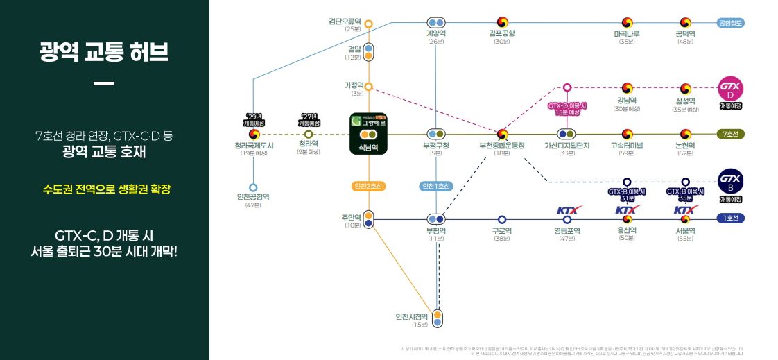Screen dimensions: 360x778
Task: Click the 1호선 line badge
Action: (x=730, y=218)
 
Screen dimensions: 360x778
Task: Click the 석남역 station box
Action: (x=368, y=133)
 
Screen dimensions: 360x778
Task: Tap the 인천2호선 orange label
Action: (x=368, y=186)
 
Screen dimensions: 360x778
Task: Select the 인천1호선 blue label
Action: (x=436, y=186)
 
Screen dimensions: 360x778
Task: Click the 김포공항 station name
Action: (x=502, y=33)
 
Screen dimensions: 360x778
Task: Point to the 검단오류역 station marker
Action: (x=369, y=24)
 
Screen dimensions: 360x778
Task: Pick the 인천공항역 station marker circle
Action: (x=253, y=187)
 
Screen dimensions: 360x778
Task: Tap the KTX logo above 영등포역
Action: (x=567, y=209)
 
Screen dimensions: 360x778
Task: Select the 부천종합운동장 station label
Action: (x=502, y=145)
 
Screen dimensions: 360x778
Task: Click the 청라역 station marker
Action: (x=309, y=134)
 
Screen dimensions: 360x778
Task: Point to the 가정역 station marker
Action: (x=369, y=87)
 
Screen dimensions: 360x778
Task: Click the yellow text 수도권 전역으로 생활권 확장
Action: (x=105, y=188)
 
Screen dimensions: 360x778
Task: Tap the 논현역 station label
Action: (x=685, y=145)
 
